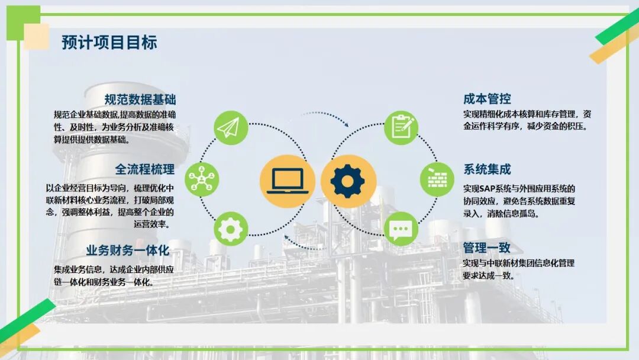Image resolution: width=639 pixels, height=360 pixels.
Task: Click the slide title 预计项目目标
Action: click(x=109, y=43)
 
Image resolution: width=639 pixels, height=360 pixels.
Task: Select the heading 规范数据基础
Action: click(x=140, y=99)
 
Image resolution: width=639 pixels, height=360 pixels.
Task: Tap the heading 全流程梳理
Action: click(x=144, y=169)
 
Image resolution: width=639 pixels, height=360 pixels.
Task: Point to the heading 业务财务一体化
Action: click(x=128, y=250)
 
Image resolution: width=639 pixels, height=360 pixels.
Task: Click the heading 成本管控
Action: click(x=487, y=99)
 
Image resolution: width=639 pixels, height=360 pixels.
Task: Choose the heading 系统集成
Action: click(x=487, y=169)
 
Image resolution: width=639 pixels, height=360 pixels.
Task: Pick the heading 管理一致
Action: click(x=486, y=247)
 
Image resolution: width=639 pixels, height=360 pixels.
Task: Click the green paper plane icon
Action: click(x=231, y=127)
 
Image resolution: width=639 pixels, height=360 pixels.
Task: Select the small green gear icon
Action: click(x=231, y=229)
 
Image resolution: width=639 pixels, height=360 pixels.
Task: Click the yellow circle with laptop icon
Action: click(x=288, y=181)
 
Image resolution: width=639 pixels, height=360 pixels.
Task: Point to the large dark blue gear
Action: click(x=348, y=181)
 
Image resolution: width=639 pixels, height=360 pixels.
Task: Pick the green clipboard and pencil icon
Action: click(x=401, y=127)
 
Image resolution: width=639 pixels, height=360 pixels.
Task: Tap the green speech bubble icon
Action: click(x=401, y=229)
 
